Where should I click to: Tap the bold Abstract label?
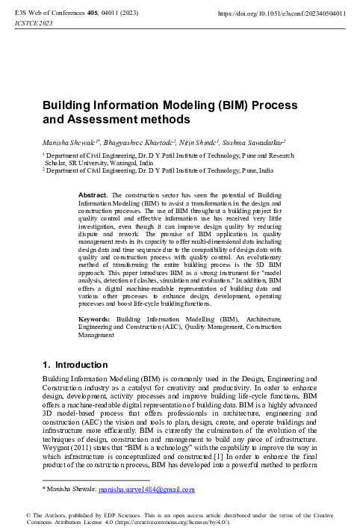click(x=93, y=194)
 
